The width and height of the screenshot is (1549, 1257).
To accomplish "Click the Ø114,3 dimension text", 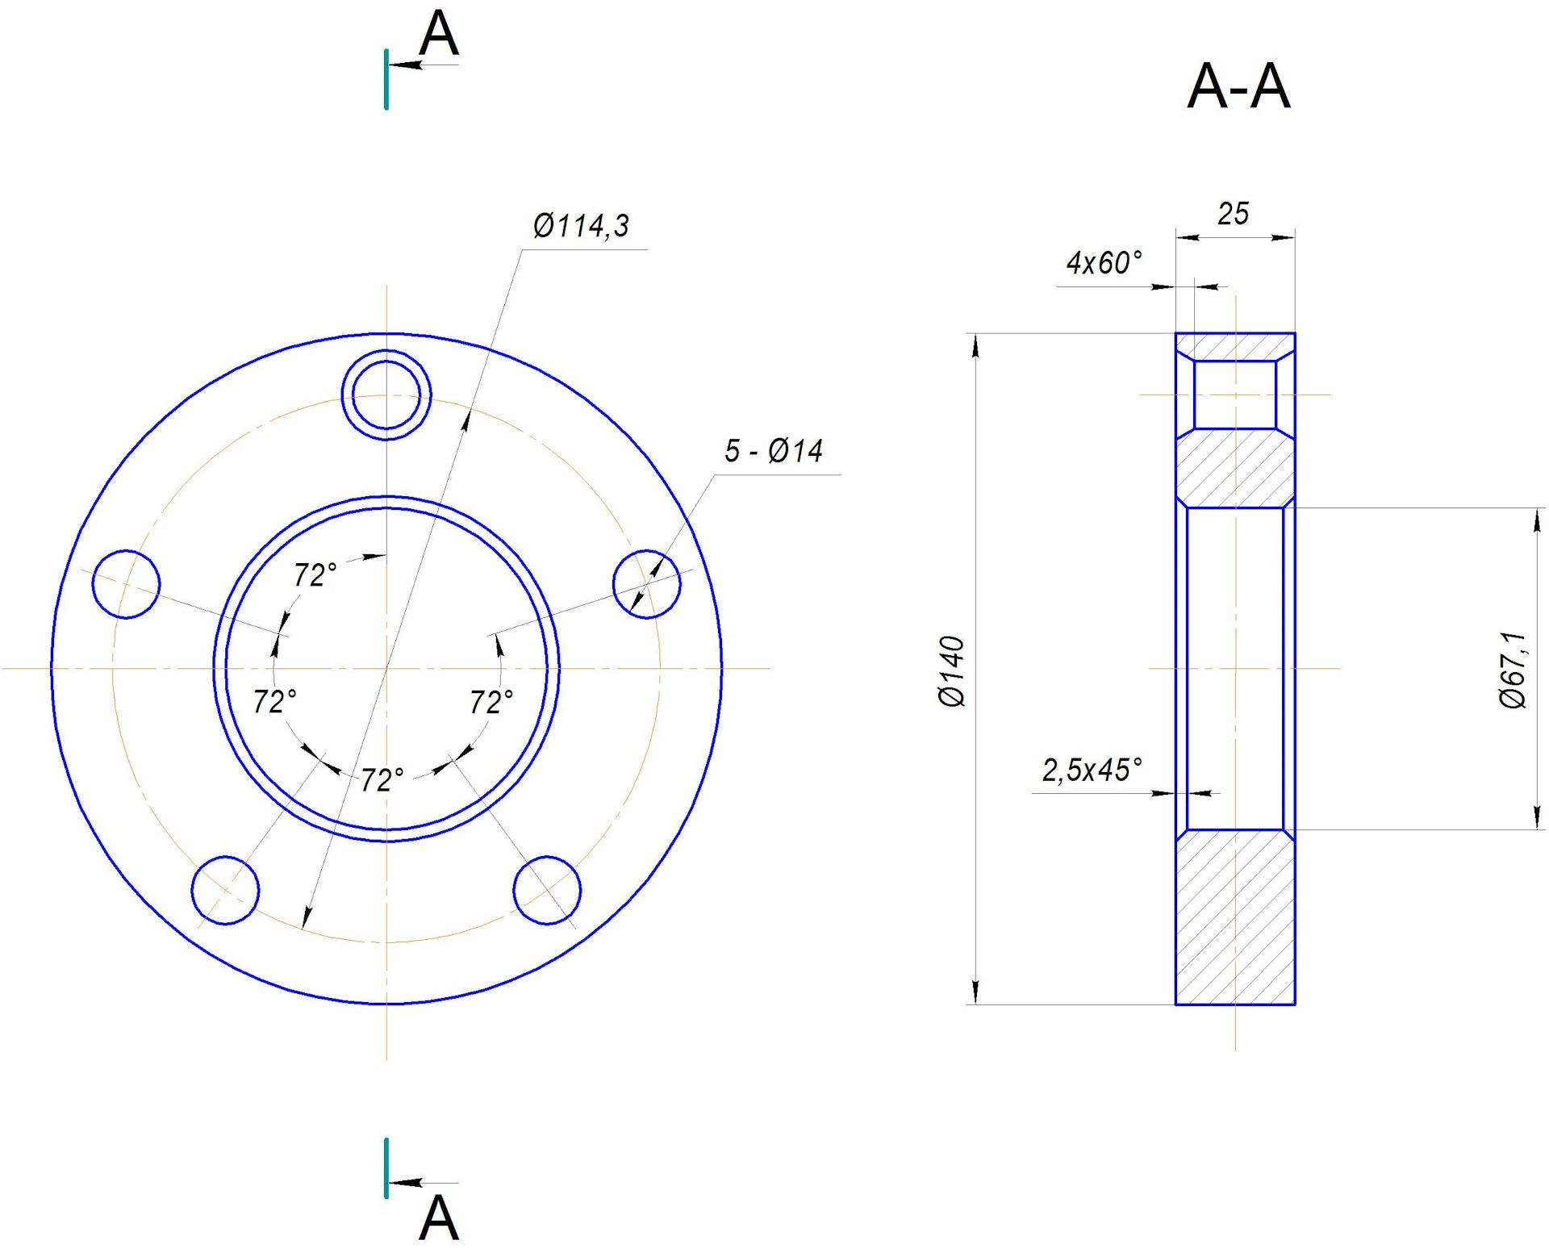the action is click(x=581, y=227).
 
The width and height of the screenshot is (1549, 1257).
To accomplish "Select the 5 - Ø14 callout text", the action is click(x=774, y=451).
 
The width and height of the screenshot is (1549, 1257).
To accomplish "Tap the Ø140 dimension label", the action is click(x=952, y=672).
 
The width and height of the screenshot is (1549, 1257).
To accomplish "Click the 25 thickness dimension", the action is click(x=1233, y=214).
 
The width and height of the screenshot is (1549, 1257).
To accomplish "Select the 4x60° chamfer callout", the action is click(x=1104, y=263).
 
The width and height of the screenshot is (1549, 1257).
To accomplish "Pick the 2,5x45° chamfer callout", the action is click(x=1092, y=770).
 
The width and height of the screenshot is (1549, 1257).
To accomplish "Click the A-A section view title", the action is click(x=1238, y=87).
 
